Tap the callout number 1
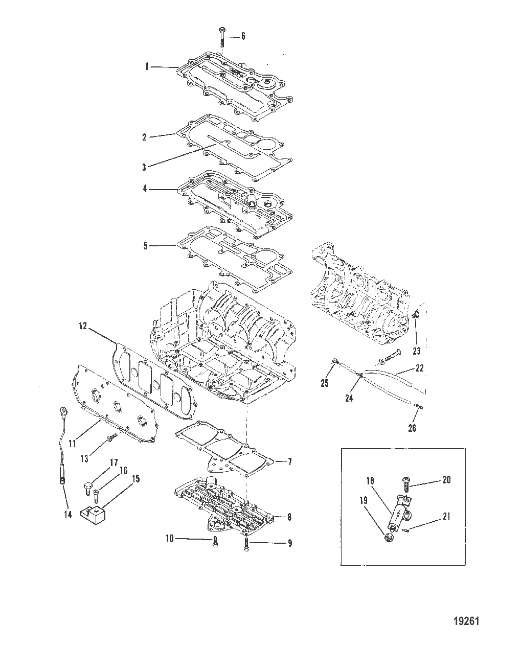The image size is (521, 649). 147,66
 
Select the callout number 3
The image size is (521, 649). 145,167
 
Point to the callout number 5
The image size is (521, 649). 146,246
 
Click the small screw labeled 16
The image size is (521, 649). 96,496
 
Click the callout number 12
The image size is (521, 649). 83,326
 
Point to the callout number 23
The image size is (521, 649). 417,351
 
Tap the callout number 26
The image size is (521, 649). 412,428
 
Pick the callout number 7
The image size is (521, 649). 290,462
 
